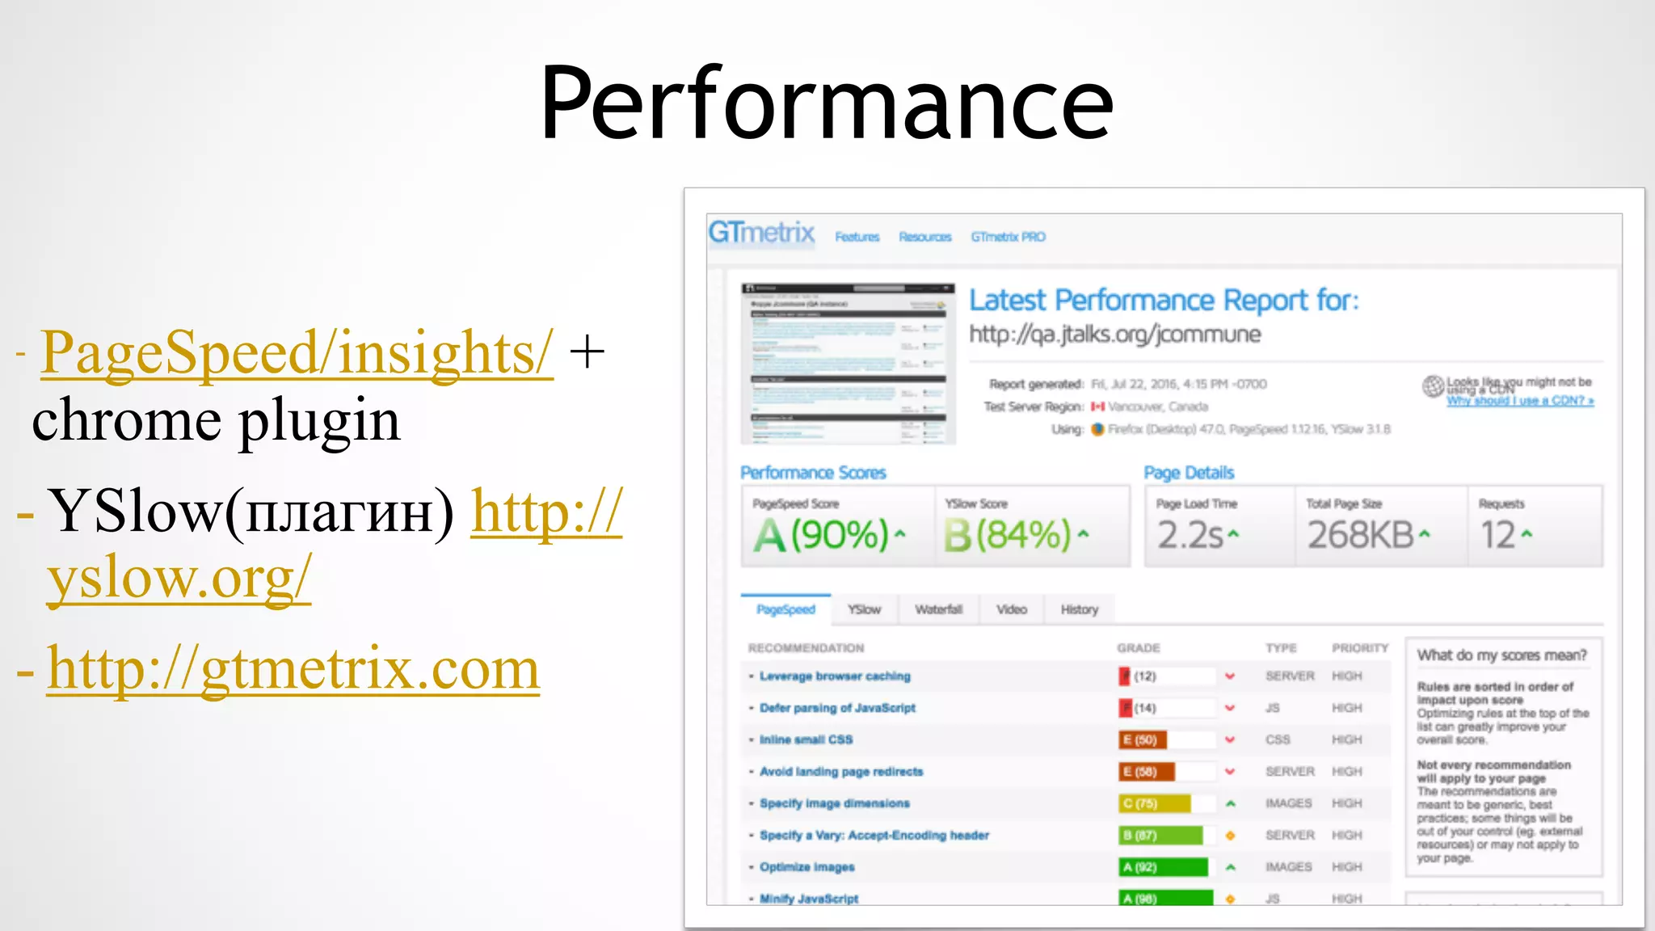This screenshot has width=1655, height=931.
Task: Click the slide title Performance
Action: point(827,103)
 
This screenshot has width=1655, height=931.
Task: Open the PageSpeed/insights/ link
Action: point(297,352)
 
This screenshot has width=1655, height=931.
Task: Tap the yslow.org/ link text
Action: point(179,577)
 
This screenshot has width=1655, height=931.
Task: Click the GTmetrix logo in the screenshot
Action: point(761,233)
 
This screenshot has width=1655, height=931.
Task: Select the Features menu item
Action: point(857,237)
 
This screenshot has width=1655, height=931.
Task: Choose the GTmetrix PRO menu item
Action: point(1008,237)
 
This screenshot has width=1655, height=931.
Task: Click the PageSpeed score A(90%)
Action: point(829,535)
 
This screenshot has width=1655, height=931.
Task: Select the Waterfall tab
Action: point(938,609)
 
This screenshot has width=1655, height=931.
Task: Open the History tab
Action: point(1079,609)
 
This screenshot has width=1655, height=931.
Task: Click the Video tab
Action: point(1011,609)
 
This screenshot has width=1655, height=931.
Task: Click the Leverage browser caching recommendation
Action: point(835,676)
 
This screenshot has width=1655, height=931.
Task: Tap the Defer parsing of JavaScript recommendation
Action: point(837,708)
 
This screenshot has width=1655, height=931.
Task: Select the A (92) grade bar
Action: point(1163,867)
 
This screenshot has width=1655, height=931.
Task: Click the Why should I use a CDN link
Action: point(1519,401)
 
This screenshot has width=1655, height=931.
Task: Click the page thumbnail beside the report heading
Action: point(848,363)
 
